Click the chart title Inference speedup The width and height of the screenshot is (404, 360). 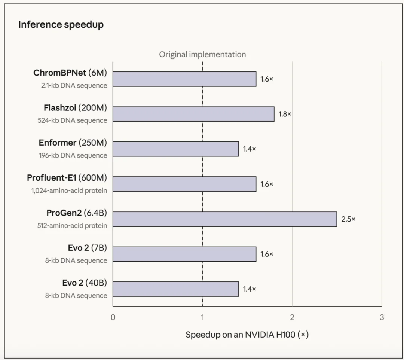[x=61, y=25]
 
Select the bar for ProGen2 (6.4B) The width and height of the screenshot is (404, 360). [x=225, y=219]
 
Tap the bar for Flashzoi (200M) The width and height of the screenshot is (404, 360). [x=193, y=114]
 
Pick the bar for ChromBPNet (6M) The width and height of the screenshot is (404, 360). [x=184, y=79]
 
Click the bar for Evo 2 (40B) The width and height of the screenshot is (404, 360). [x=176, y=289]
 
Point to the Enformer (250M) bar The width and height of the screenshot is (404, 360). [x=176, y=149]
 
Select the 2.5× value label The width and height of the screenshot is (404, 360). [x=348, y=219]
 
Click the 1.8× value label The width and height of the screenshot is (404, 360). [x=285, y=114]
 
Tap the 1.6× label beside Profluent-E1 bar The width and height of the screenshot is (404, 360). [x=267, y=184]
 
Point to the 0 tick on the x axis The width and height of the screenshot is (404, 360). [x=113, y=317]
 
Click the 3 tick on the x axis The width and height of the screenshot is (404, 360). [x=382, y=317]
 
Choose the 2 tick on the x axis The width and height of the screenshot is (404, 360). [x=292, y=317]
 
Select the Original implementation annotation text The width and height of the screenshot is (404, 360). [x=202, y=54]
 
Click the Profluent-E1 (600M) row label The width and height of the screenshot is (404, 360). [x=67, y=177]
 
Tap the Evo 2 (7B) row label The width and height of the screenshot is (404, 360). [x=87, y=248]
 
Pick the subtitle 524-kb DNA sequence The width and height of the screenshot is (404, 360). [x=73, y=120]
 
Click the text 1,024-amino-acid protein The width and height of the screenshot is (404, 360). [x=69, y=190]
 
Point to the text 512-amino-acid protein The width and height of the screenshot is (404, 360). [x=72, y=226]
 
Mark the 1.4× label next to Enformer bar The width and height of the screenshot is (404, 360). [x=250, y=149]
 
